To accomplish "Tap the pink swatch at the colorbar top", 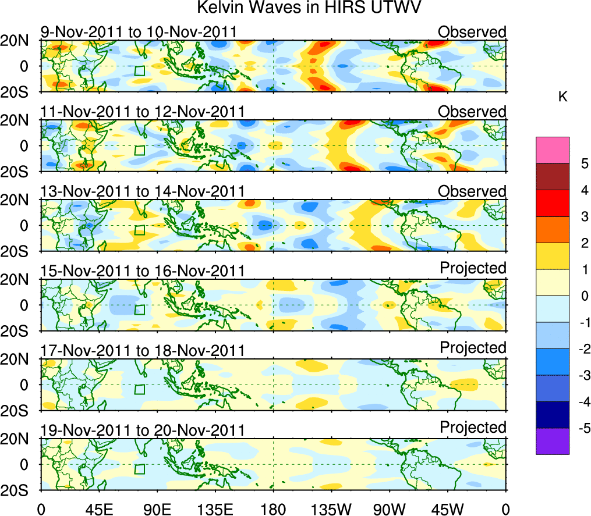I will click(x=552, y=150).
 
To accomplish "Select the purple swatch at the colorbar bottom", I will click(x=552, y=441).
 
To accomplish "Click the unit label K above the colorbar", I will click(x=562, y=97).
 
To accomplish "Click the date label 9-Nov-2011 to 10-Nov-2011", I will click(x=138, y=31).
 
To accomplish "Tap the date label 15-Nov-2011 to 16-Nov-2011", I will click(x=142, y=271).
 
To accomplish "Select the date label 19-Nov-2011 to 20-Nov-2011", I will click(x=142, y=430).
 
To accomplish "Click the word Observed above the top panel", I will click(x=472, y=31).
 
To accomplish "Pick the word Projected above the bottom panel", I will click(x=473, y=427).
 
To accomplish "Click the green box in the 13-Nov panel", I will click(x=139, y=230).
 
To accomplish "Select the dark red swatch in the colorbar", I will click(x=552, y=177).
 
